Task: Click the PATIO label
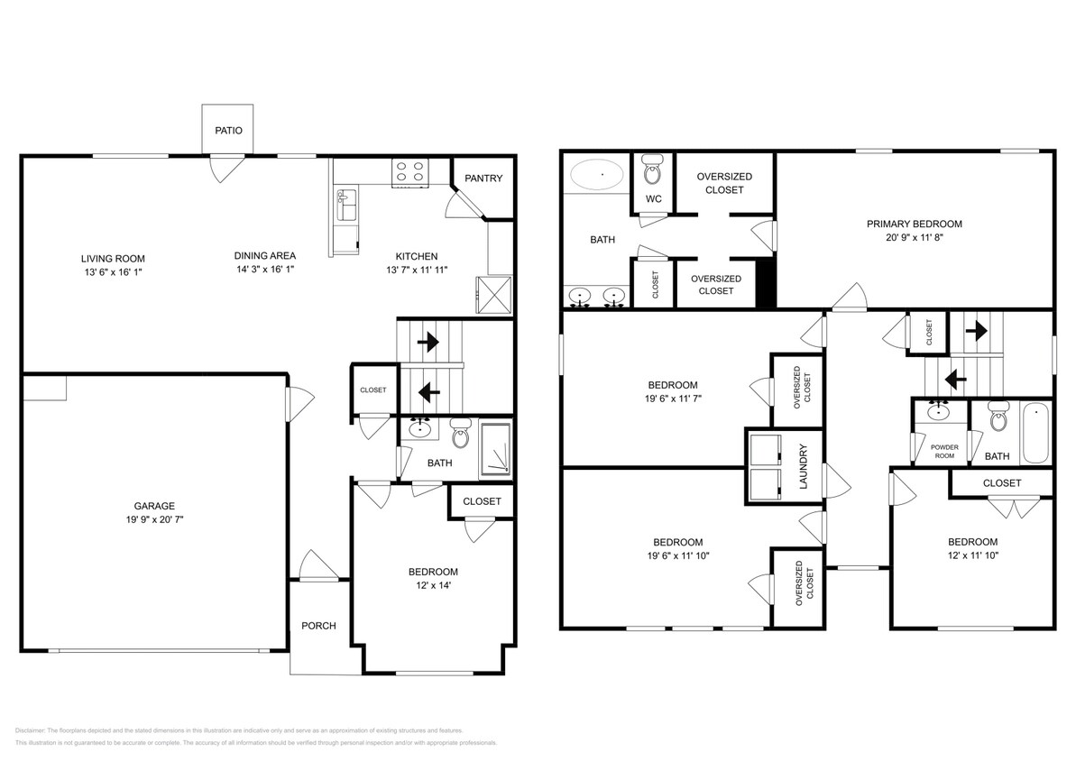coord(227,131)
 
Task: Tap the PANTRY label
coord(483,179)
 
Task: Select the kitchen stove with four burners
coord(410,172)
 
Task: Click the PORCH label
coord(317,626)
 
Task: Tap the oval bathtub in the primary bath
coord(596,174)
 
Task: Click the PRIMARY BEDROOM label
coord(914,224)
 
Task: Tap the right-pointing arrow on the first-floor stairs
coord(428,343)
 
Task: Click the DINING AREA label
coord(264,256)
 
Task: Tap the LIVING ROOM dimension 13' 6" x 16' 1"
coord(112,271)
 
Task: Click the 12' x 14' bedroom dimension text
coord(433,585)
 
